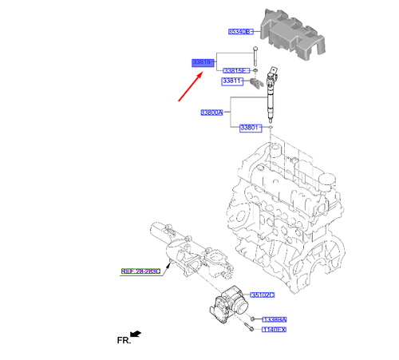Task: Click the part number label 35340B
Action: point(240,32)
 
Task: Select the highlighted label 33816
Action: point(201,61)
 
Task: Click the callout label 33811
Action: point(232,81)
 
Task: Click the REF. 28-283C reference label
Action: point(141,271)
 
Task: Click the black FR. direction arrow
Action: point(136,332)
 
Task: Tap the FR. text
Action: point(123,340)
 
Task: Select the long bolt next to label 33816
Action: point(255,59)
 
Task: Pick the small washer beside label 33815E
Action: point(254,71)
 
